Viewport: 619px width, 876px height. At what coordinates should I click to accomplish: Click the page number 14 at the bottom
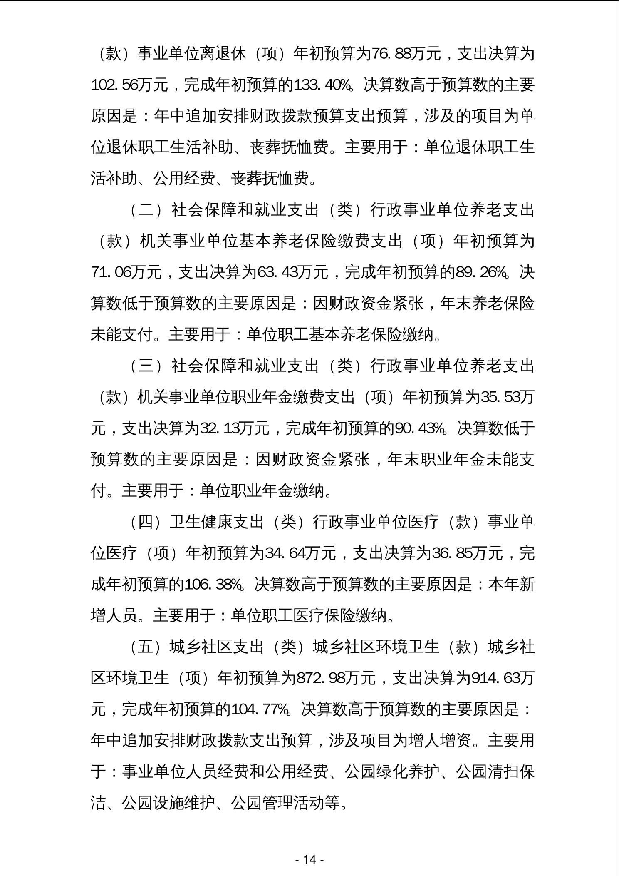click(x=309, y=859)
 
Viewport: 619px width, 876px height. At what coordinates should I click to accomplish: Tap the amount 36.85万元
click(x=466, y=554)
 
